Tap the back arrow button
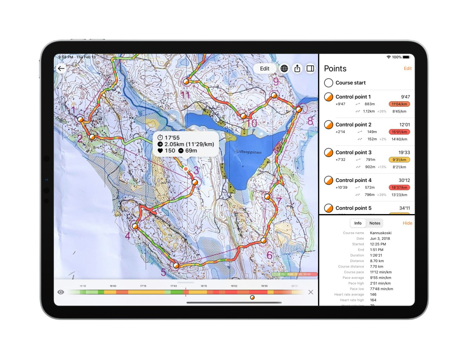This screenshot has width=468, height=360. click(61, 69)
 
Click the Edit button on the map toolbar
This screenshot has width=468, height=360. click(265, 69)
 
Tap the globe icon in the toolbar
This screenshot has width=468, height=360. click(284, 69)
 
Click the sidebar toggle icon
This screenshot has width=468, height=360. click(310, 69)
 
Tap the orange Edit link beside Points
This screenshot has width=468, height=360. click(407, 69)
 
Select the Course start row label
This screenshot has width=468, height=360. click(350, 83)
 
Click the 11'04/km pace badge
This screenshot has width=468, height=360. click(399, 104)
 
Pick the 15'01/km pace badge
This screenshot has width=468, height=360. click(399, 132)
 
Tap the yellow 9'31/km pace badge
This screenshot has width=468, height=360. click(399, 160)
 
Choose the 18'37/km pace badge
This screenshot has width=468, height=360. click(399, 188)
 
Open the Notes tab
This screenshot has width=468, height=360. click(375, 223)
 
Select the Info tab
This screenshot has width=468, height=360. click(358, 223)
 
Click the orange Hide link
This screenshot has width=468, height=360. click(407, 223)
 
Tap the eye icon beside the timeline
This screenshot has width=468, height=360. click(61, 292)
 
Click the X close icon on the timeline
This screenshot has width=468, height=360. click(311, 292)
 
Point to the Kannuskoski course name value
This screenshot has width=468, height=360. click(381, 233)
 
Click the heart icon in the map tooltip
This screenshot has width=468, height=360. click(160, 151)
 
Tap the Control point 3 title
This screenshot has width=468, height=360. click(353, 152)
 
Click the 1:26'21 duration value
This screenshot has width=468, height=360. click(376, 255)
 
